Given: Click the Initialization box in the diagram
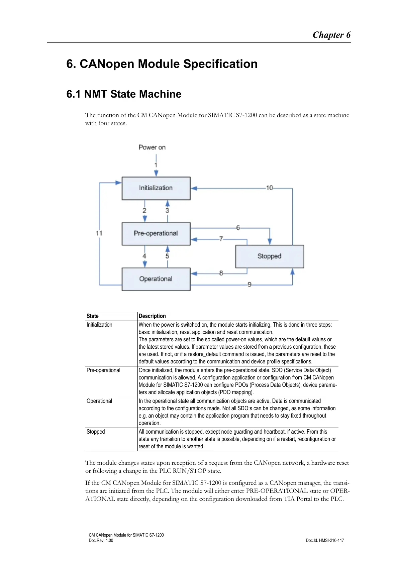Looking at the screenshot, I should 156,188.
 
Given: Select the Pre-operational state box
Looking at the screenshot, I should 156,233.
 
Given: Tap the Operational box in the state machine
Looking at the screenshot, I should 156,279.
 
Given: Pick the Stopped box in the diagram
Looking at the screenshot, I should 270,256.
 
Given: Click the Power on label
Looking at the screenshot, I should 152,147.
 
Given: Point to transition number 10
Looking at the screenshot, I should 270,188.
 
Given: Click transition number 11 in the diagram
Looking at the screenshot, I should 99,233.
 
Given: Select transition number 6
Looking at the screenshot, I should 238,228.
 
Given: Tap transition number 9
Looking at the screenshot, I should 250,285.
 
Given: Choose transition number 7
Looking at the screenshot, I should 221,239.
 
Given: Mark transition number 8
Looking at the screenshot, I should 221,273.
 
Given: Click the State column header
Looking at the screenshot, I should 93,316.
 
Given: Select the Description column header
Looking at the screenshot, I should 152,316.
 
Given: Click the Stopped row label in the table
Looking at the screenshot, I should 96,432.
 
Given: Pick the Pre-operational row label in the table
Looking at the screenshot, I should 103,370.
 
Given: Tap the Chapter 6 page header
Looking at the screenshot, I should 331,35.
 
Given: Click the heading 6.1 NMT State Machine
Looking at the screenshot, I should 124,94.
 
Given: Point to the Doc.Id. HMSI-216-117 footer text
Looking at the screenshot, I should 325,540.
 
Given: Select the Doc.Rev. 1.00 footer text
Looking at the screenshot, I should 101,540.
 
